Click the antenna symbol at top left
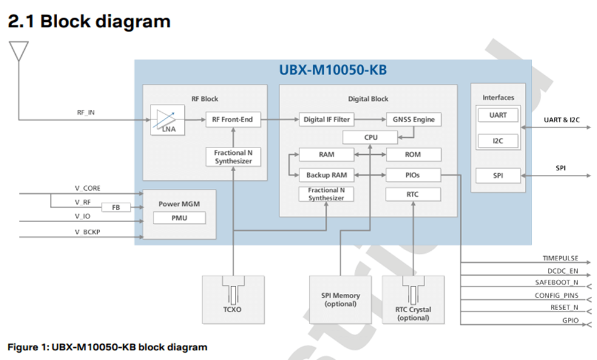[x=19, y=51]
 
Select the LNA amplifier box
[x=167, y=120]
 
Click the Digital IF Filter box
[x=326, y=120]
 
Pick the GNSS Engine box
[x=414, y=120]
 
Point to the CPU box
[x=370, y=137]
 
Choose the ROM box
[x=413, y=155]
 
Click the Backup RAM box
[x=326, y=175]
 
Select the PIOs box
[x=413, y=175]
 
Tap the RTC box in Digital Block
[x=413, y=194]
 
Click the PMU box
[x=179, y=218]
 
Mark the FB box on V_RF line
[x=116, y=207]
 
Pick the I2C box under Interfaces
[x=497, y=141]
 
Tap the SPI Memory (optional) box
[x=340, y=299]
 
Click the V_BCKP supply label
[x=87, y=232]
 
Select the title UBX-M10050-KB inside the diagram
[x=333, y=70]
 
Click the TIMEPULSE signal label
[x=560, y=258]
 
